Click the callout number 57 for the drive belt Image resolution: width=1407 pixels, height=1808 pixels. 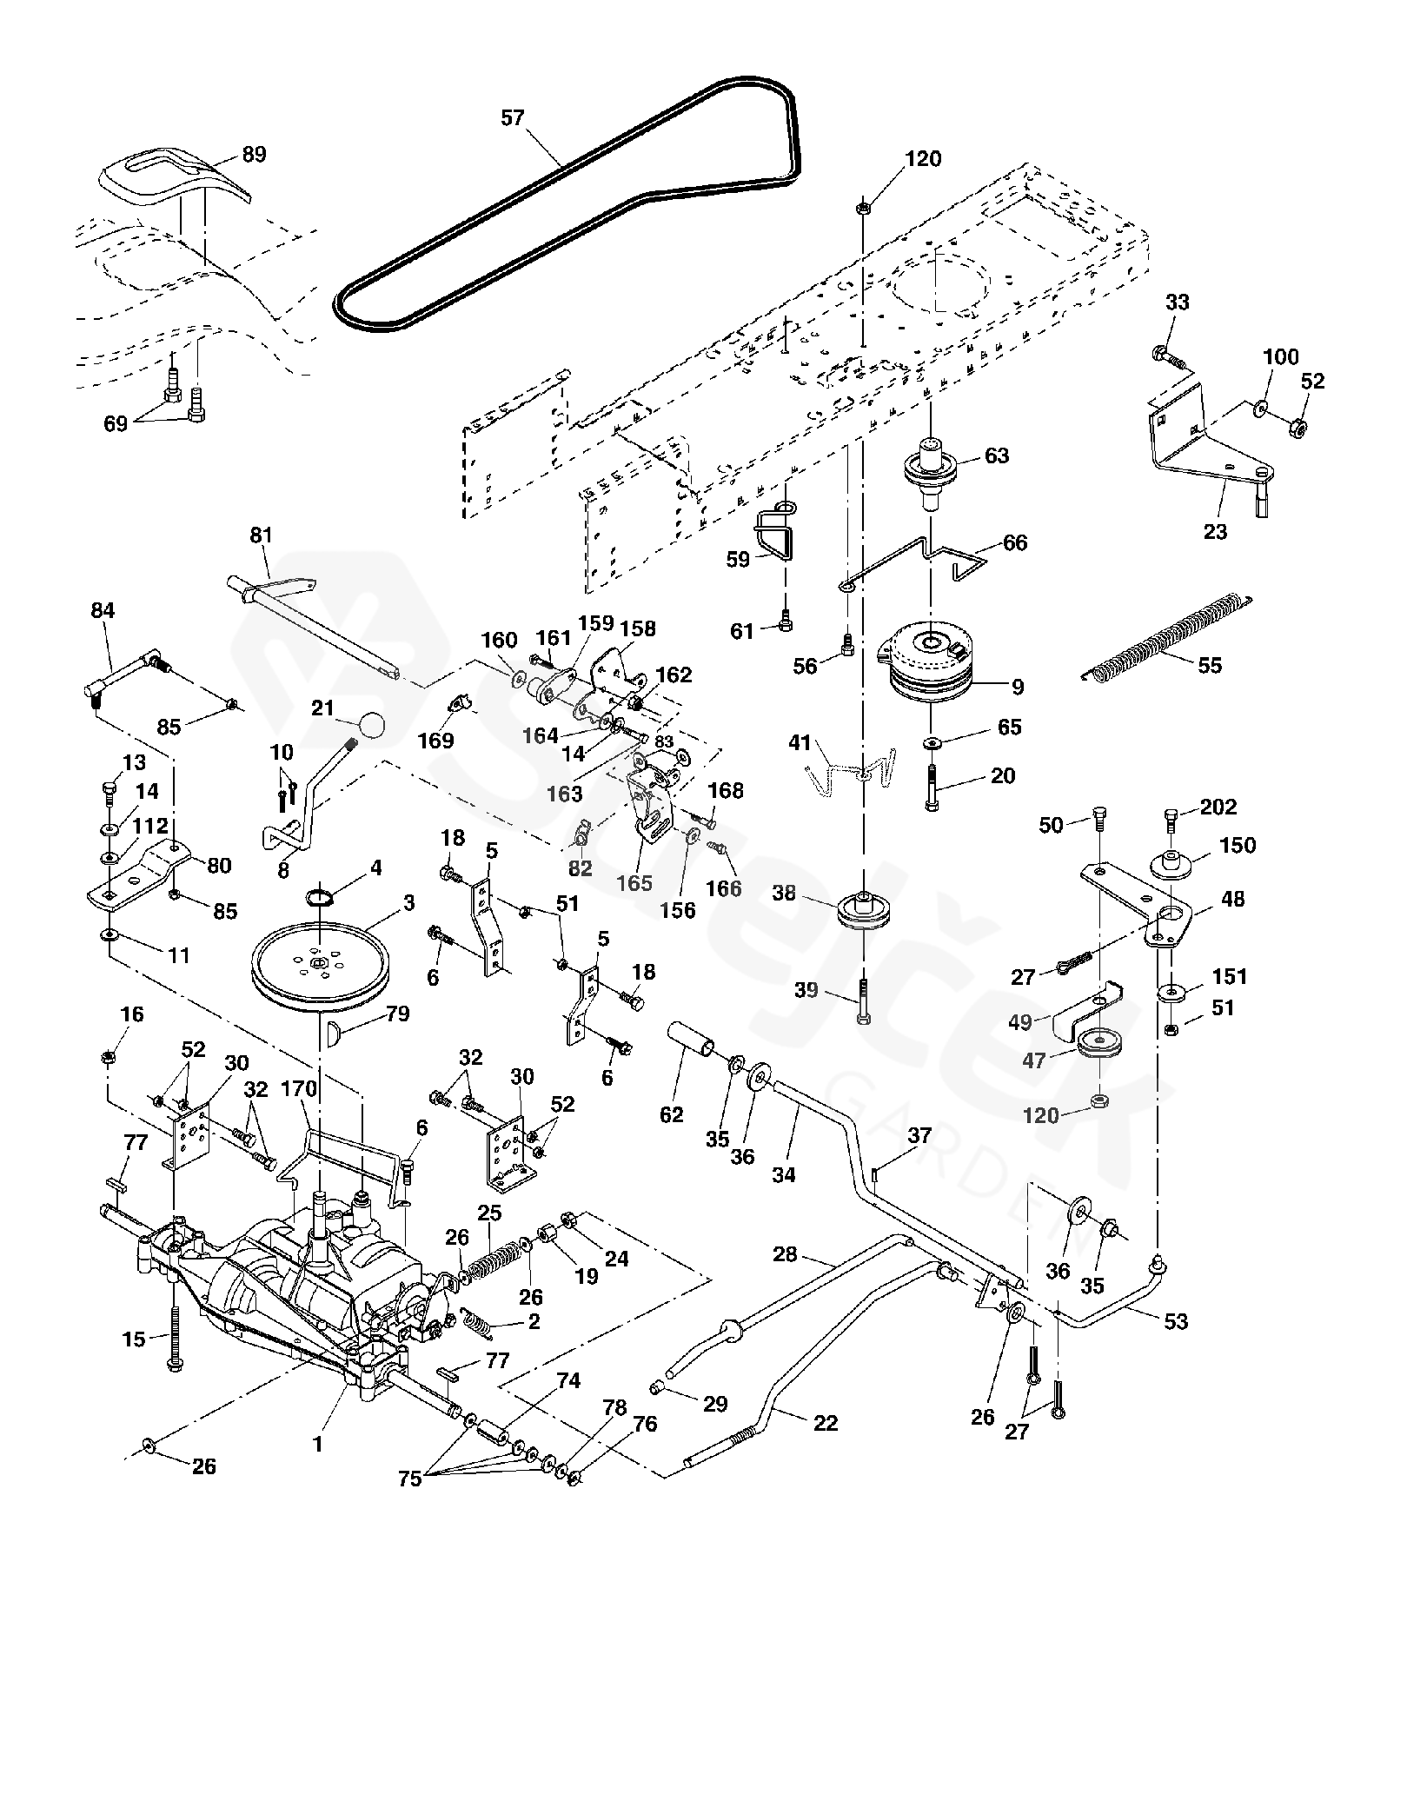(513, 117)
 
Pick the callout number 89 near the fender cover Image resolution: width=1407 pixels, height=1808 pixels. (254, 155)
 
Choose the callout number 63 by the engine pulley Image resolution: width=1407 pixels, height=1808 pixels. (997, 455)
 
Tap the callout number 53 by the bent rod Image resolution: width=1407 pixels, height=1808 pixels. (1175, 1321)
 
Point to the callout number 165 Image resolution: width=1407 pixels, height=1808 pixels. (634, 883)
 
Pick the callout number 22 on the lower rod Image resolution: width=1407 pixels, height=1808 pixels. (825, 1423)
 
